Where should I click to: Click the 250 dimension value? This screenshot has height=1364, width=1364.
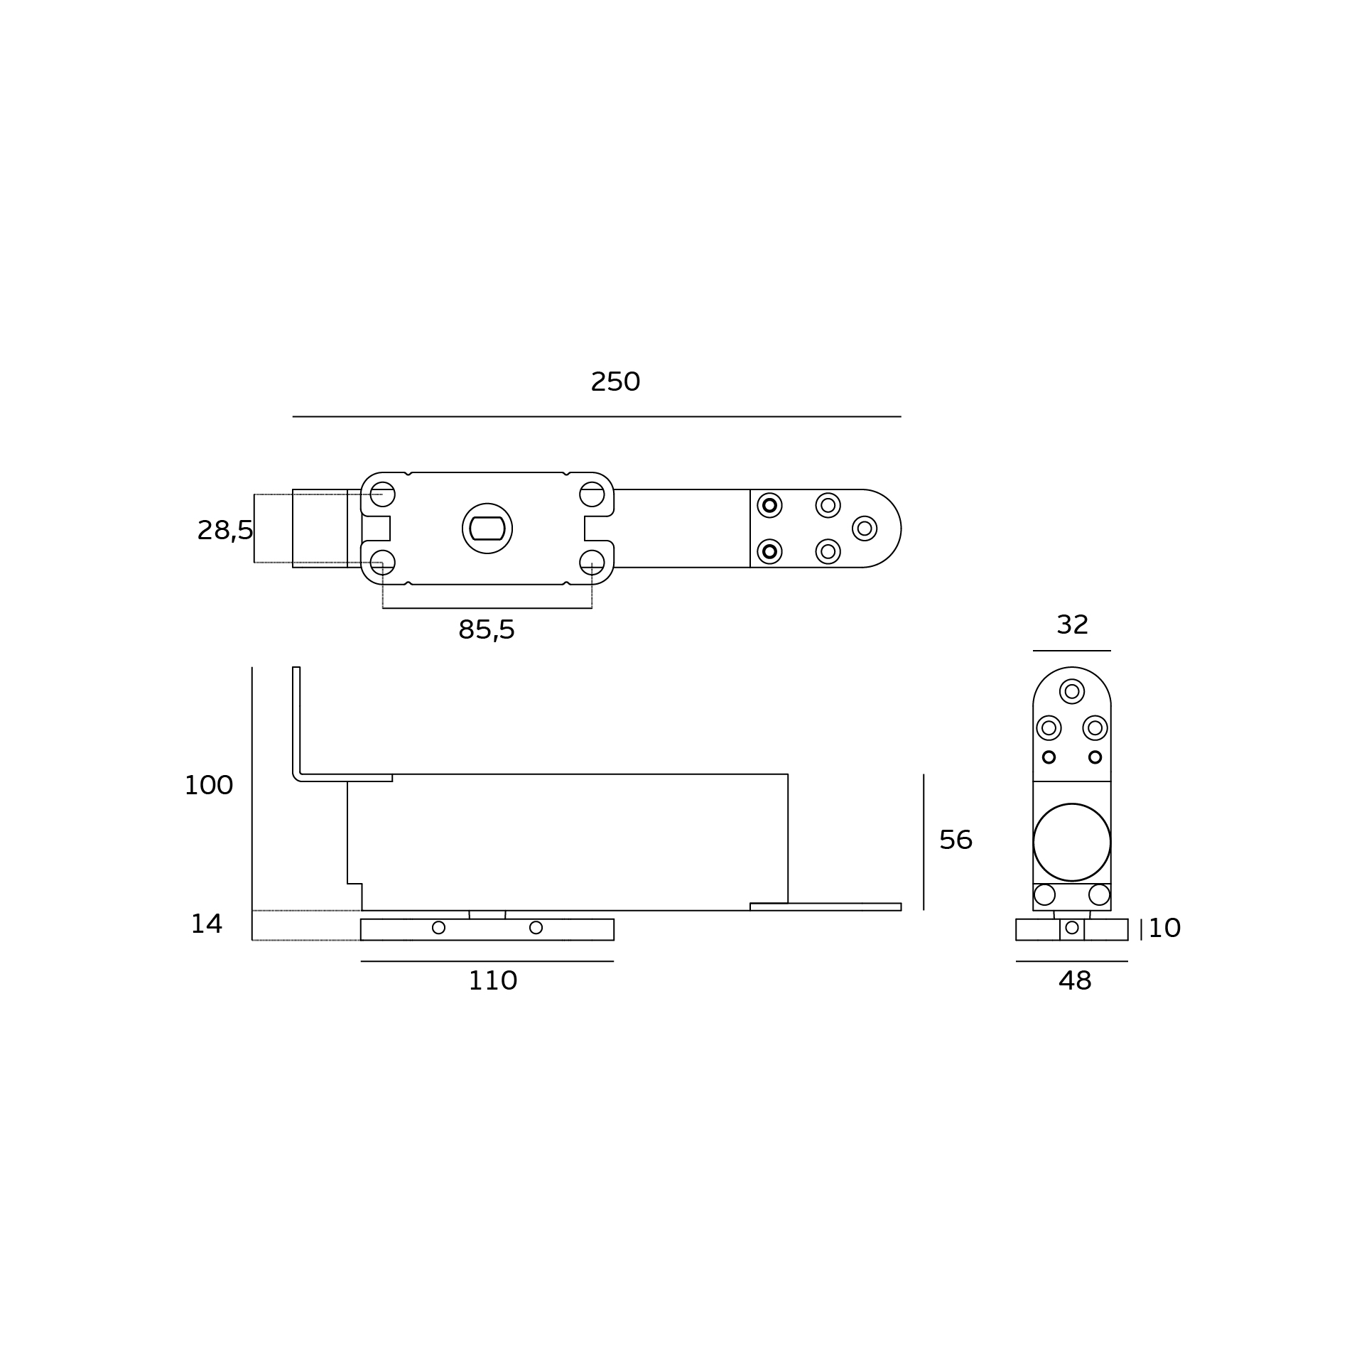click(615, 382)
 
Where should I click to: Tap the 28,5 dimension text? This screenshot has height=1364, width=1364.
click(225, 531)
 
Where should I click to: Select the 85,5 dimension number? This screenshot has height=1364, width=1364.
click(487, 630)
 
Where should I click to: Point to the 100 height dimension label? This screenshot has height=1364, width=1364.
click(209, 786)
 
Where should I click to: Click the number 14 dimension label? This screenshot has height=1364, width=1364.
click(207, 924)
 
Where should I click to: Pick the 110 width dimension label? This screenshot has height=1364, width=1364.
click(493, 981)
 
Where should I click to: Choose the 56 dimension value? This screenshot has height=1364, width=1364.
click(956, 840)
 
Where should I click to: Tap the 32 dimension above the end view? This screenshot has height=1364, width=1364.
click(1072, 625)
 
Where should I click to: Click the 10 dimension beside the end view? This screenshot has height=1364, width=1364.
click(1164, 929)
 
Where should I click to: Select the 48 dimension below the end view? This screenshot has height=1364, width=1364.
click(1075, 981)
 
